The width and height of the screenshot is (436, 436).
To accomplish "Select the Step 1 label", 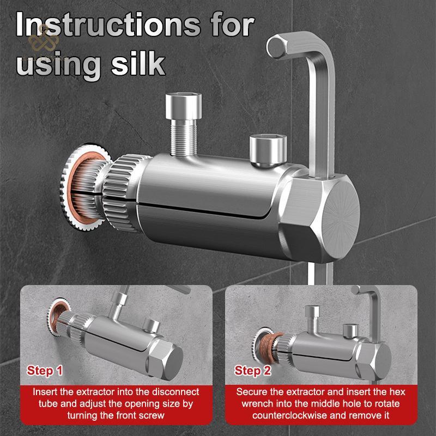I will click(x=45, y=371).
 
